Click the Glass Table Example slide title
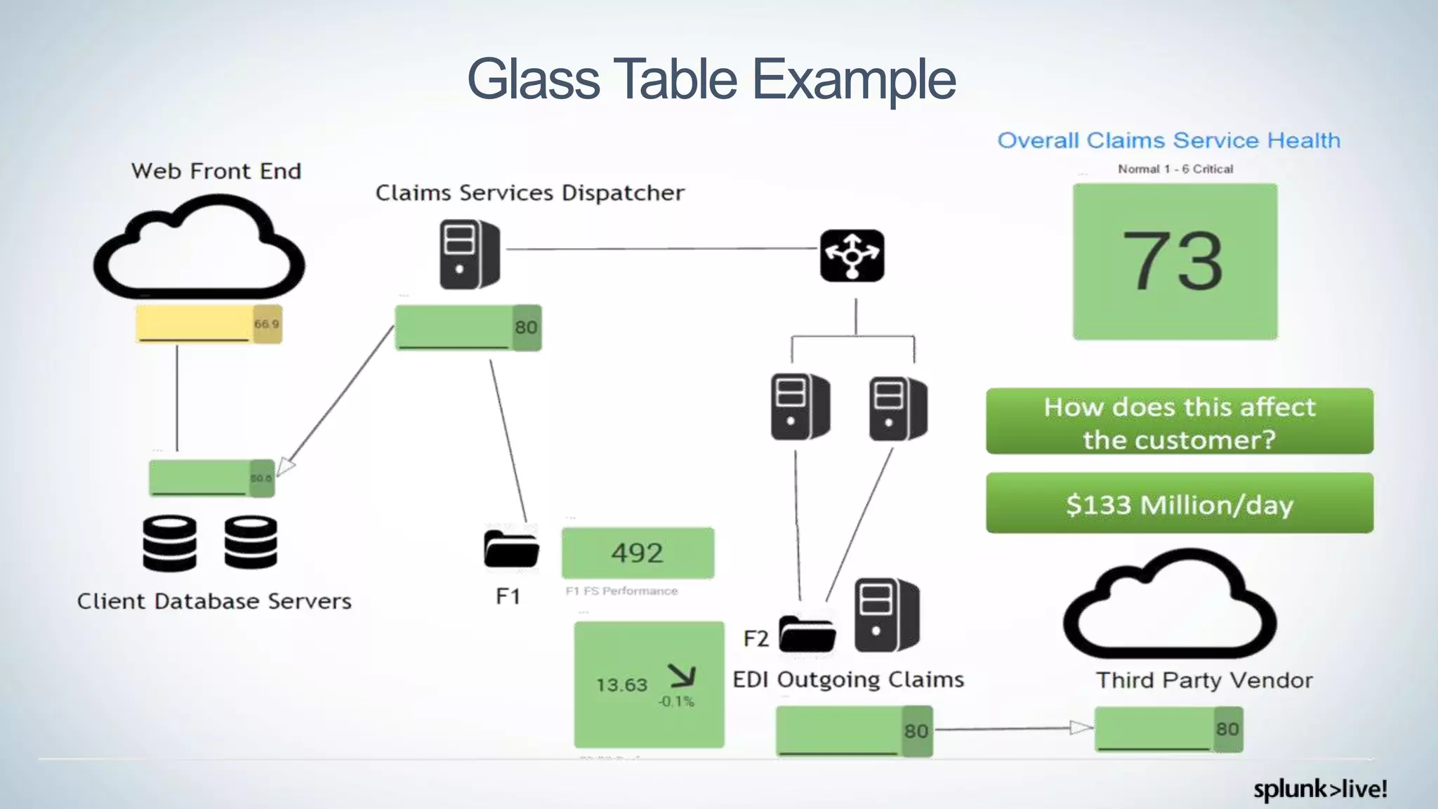click(711, 79)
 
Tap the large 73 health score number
click(1173, 261)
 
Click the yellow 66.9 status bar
click(209, 324)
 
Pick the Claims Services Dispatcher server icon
click(469, 254)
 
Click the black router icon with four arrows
click(852, 256)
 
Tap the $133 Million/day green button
click(1179, 504)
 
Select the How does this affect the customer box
click(1179, 421)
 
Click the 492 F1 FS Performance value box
click(638, 553)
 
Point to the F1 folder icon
click(511, 548)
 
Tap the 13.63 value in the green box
click(621, 685)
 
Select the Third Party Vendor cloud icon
click(1169, 605)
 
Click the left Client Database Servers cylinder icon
click(169, 543)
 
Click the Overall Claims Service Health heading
click(1168, 140)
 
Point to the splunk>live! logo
click(1319, 789)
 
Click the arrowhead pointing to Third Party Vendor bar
click(1081, 728)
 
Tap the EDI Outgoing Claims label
click(848, 680)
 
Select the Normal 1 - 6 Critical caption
click(1175, 169)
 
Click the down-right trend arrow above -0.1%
click(682, 676)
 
